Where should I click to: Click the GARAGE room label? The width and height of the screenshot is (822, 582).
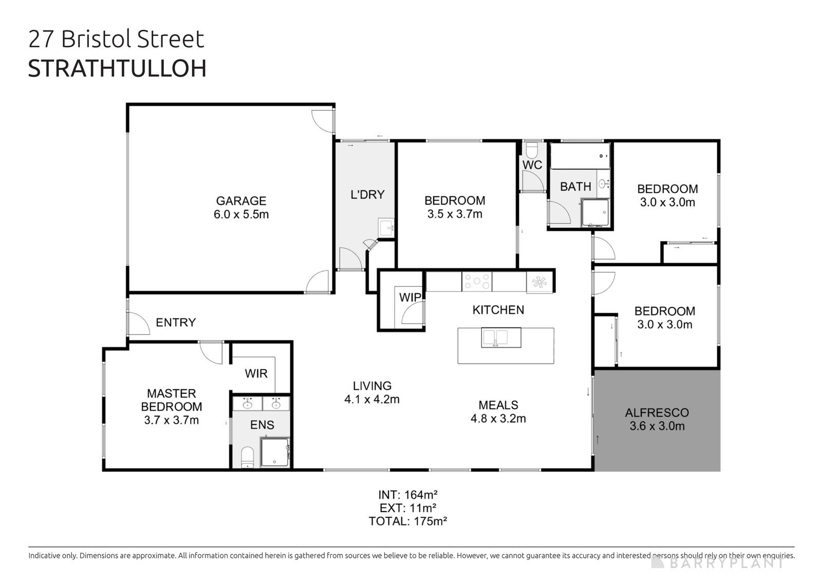(x=241, y=201)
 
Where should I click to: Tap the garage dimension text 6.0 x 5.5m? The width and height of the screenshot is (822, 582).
(x=241, y=214)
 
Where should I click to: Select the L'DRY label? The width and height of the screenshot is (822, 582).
(x=367, y=194)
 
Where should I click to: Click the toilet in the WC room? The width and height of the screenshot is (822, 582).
(x=532, y=150)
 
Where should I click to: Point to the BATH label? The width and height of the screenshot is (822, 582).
(x=575, y=187)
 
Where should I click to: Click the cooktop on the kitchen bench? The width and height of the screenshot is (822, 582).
(x=476, y=282)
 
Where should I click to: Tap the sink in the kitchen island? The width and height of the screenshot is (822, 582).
(x=494, y=337)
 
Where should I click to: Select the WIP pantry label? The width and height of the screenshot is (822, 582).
(x=410, y=297)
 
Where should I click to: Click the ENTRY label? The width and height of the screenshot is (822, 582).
(x=176, y=322)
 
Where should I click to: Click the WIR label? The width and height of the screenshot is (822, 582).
(x=256, y=373)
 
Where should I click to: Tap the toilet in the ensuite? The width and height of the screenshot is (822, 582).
(x=248, y=456)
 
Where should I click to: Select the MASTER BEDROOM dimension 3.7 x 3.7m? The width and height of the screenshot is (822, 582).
(x=172, y=420)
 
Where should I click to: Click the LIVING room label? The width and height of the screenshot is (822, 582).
(x=372, y=386)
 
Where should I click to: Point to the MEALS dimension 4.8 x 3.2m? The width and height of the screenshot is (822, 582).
(x=498, y=419)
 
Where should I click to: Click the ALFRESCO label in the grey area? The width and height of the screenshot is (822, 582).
(x=657, y=412)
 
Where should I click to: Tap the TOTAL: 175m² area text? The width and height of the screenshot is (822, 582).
(x=407, y=521)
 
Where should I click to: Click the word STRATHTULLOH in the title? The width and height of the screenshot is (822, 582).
(x=117, y=69)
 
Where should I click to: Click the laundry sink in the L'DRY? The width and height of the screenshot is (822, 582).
(x=385, y=228)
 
